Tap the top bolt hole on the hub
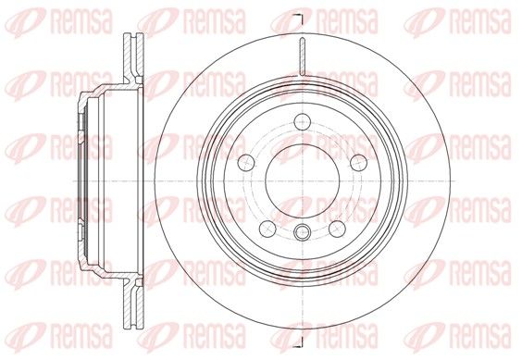303,121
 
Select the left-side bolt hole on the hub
246,162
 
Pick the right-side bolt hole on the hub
359,162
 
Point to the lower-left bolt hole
267,229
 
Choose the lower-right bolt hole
337,229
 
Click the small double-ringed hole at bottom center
303,231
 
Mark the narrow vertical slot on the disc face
303,56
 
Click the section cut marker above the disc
299,19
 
